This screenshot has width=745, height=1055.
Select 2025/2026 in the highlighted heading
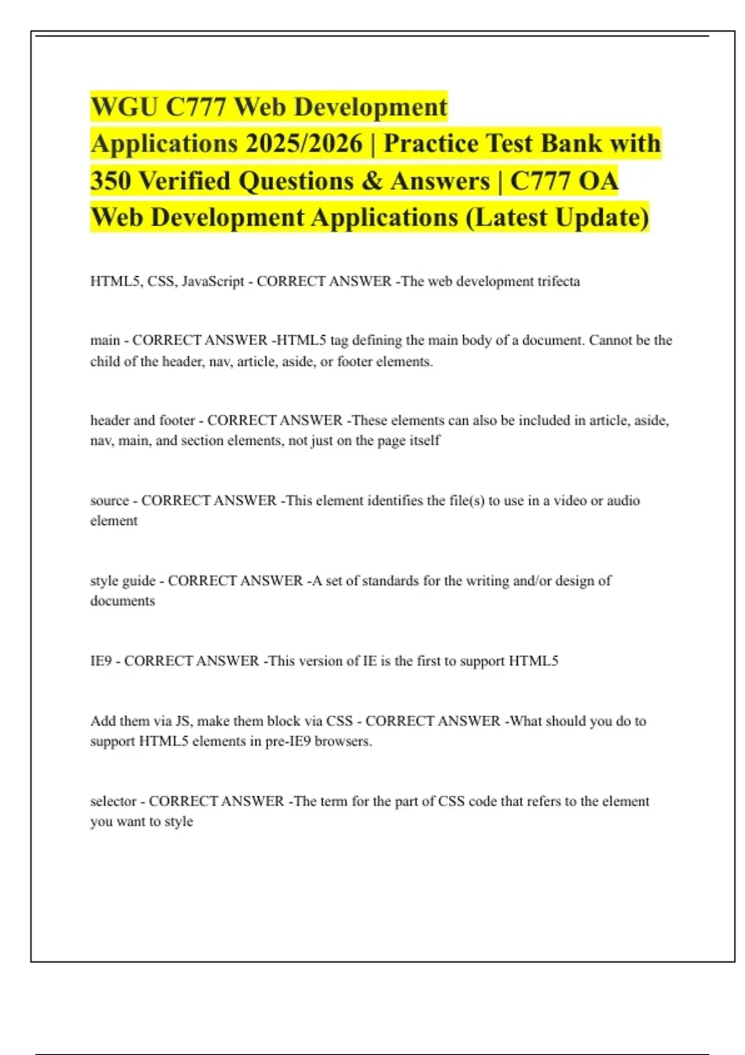point(304,143)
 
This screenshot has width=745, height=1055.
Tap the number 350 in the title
point(111,181)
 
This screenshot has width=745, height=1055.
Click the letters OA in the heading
point(598,181)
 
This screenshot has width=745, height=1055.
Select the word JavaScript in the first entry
point(213,281)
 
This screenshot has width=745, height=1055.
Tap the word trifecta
point(556,281)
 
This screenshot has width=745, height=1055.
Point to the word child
point(105,361)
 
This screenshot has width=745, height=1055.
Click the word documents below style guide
point(122,601)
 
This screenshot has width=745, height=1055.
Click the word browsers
point(343,741)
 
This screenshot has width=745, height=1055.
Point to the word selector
point(113,801)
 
